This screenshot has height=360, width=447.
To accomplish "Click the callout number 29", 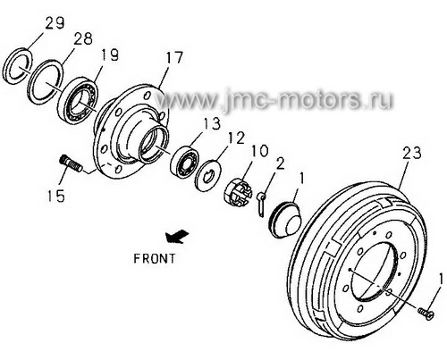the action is coord(55,23).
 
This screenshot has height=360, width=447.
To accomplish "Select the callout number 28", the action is coord(83,38).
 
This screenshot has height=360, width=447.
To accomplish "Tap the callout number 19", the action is coord(109,55).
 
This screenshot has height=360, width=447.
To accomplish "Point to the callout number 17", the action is coord(174,58).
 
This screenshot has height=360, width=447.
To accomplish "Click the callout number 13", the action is coord(212,123).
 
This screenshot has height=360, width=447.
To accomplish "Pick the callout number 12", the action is coord(236,138).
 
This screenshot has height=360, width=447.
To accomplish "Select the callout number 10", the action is coord(259,151).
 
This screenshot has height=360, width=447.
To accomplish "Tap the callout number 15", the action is coord(56,196).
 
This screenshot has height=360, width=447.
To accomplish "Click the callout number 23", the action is coord(412,153).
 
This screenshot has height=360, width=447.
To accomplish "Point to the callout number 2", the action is coord(280,163).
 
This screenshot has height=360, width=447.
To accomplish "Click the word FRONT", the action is coord(155,258).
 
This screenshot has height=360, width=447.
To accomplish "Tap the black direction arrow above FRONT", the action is coord(177,237).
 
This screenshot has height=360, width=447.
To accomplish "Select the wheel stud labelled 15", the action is coord(72,163).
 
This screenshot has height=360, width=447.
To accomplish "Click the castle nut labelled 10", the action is coord(238,193).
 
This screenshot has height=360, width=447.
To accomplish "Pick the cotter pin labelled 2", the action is coord(261,204).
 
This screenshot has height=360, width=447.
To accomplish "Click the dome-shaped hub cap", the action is coord(285,220).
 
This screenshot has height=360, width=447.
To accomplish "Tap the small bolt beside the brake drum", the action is coord(426,314).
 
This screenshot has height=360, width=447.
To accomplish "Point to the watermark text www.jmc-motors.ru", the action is coord(274,99).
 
